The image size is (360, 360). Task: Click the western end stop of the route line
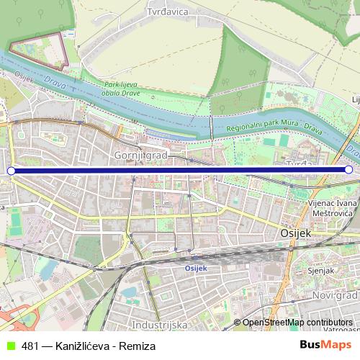[x=11, y=171]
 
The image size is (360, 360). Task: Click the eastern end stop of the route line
[x=348, y=170]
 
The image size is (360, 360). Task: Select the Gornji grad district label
[x=140, y=155]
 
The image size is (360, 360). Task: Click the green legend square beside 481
[x=9, y=346]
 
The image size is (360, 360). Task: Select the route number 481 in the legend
[x=30, y=346]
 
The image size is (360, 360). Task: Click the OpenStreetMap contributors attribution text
[x=297, y=323]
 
